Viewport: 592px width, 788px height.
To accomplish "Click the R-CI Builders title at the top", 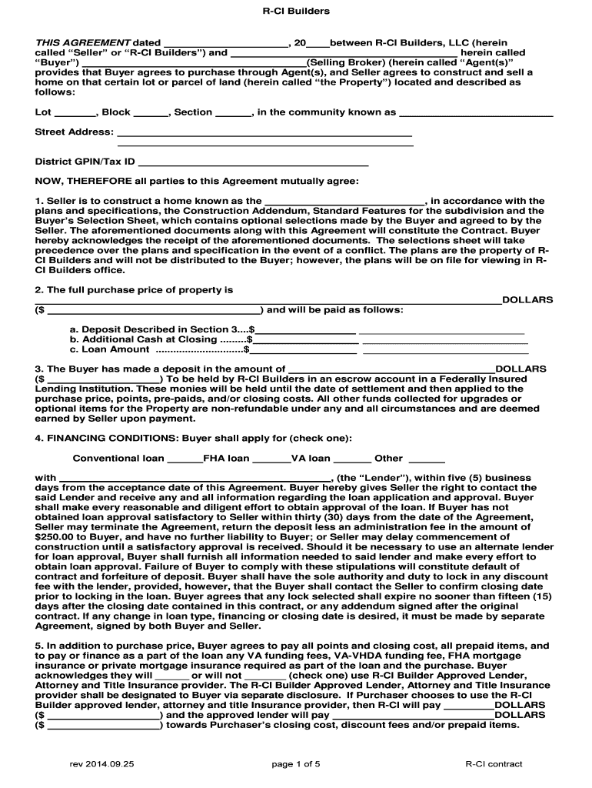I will point(296,12).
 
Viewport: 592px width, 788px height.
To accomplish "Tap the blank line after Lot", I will point(75,113).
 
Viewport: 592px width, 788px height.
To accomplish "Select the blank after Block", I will point(151,113).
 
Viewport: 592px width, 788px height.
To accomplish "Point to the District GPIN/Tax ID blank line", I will point(253,163).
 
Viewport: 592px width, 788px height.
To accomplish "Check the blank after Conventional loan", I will point(184,459).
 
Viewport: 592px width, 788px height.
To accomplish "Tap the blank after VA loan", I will point(352,459).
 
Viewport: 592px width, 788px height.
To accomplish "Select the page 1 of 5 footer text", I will point(296,764).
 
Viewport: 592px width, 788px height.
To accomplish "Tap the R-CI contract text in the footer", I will point(494,764).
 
